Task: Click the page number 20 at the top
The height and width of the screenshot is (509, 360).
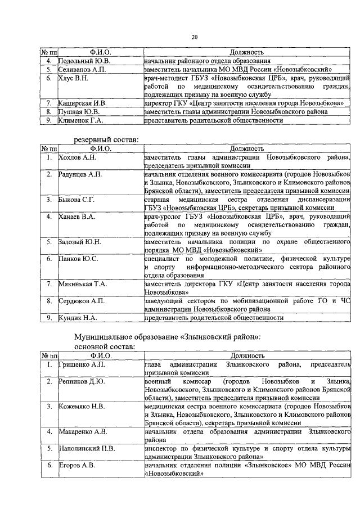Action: click(x=195, y=38)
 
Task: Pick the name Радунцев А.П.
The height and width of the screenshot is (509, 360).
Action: click(x=80, y=175)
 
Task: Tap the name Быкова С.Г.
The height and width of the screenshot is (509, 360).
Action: click(x=77, y=199)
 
